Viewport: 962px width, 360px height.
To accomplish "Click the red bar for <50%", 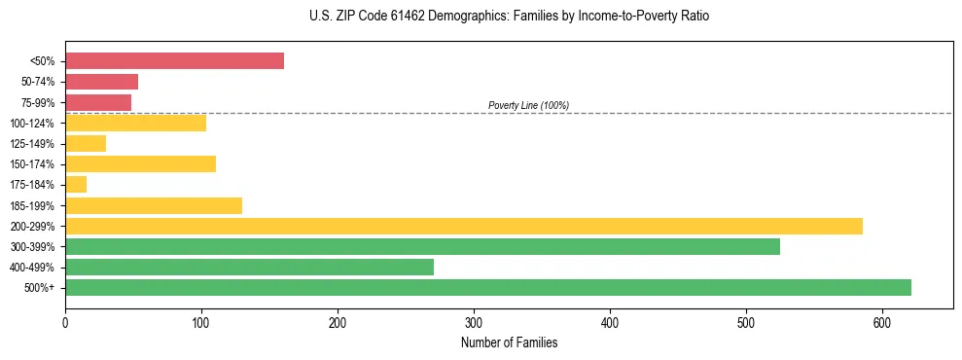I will click(174, 61).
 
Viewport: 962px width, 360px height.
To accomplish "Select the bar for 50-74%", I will click(101, 82).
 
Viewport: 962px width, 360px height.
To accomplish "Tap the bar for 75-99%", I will click(98, 102).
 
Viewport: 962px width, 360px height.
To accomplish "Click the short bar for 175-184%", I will click(76, 185).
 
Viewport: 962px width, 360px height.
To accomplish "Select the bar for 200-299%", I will click(463, 226).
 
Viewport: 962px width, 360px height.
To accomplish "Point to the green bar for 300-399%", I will click(422, 247).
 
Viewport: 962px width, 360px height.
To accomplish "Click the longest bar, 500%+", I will click(487, 288).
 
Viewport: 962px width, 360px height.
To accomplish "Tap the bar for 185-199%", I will click(154, 205).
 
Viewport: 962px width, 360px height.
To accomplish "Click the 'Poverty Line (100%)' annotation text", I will click(528, 105).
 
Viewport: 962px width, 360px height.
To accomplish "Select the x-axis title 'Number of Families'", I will click(509, 343).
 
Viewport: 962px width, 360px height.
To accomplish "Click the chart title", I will click(509, 17).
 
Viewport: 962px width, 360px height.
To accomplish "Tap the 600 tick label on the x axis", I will click(882, 322).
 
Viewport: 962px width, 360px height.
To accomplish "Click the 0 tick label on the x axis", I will click(65, 322).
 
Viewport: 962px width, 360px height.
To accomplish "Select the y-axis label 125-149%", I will click(32, 144).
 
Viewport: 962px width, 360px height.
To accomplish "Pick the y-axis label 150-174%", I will click(32, 164).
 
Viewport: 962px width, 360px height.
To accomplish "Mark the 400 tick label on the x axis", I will click(610, 322).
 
